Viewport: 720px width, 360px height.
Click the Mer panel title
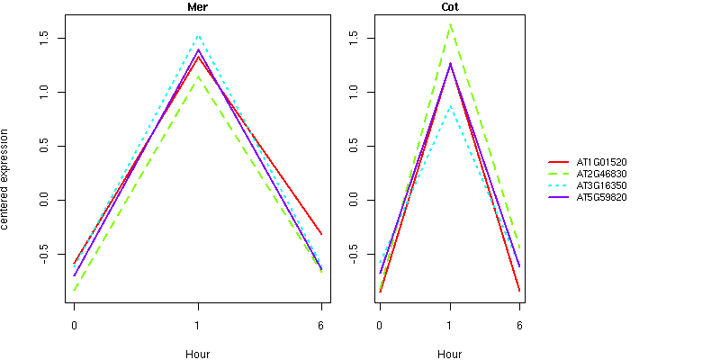197,7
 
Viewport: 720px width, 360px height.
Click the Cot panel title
449,7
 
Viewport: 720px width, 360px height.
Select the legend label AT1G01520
601,162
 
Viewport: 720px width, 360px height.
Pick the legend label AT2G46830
601,174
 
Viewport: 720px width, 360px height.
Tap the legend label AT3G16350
601,185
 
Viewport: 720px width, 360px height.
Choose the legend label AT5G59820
601,197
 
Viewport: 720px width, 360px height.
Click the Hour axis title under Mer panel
197,355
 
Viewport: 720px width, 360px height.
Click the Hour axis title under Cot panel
449,355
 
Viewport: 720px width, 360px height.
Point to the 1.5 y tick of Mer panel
42,38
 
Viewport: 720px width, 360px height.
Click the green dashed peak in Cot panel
449,24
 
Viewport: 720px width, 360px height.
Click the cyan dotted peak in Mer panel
197,36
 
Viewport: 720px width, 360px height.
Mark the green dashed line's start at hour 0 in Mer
74,291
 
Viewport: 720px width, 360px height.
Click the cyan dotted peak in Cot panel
449,106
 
